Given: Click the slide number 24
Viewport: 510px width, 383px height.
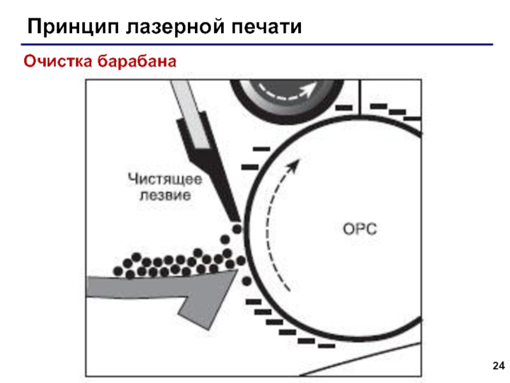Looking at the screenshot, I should (499, 366).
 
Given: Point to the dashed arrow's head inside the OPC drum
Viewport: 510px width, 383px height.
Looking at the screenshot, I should (292, 167).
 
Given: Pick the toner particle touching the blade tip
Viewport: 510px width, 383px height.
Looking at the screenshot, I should (237, 229).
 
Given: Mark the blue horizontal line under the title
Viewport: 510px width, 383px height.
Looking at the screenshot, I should (255, 45).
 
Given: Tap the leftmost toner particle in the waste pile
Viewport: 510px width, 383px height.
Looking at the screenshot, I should (119, 271).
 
